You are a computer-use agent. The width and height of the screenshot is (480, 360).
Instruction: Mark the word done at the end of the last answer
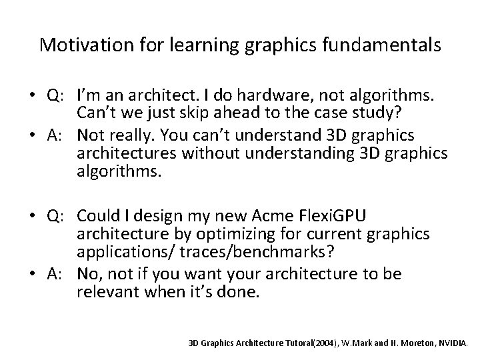pyautogui.click(x=242, y=291)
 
